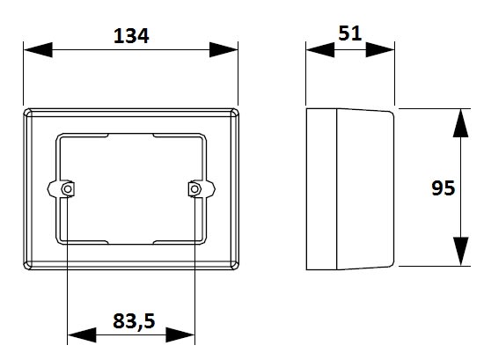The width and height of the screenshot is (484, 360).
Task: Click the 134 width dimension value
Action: pyautogui.click(x=131, y=36)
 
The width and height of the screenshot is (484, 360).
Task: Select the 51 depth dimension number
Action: pyautogui.click(x=349, y=33)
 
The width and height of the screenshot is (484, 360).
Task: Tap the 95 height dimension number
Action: pyautogui.click(x=443, y=188)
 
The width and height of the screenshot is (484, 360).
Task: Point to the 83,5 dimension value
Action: pyautogui.click(x=134, y=320)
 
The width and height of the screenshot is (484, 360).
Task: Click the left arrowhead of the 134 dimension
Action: pyautogui.click(x=38, y=49)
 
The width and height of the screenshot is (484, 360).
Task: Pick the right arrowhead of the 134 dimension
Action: pyautogui.click(x=224, y=49)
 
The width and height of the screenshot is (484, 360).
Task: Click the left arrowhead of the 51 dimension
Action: pyautogui.click(x=320, y=49)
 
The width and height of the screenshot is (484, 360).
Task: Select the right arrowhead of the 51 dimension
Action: pyautogui.click(x=380, y=49)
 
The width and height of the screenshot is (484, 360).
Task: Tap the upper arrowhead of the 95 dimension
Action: pyautogui.click(x=460, y=123)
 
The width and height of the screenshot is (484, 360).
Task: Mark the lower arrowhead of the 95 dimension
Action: pyautogui.click(x=460, y=252)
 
